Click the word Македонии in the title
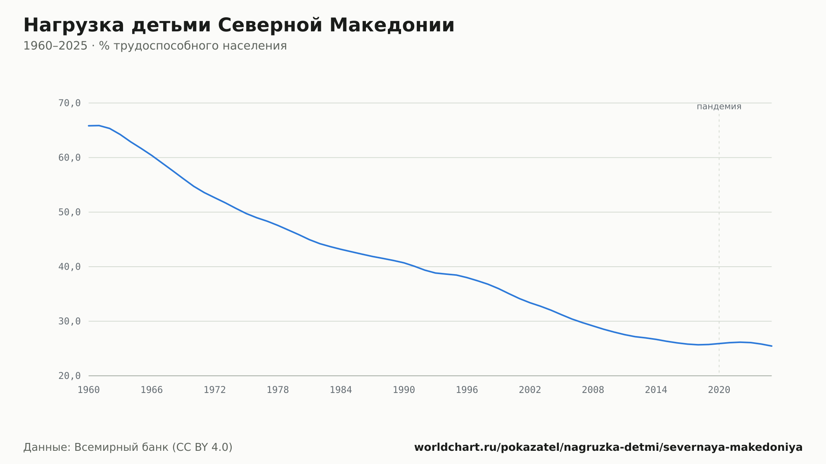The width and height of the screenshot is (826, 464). point(392,25)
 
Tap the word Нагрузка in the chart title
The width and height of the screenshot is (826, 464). point(74,26)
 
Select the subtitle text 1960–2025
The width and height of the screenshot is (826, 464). point(55,46)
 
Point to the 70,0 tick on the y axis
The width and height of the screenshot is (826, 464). point(69,103)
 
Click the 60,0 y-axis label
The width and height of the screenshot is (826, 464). point(69,158)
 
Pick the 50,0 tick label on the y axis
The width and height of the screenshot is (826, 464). point(69,212)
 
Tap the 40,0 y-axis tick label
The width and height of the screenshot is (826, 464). point(69,267)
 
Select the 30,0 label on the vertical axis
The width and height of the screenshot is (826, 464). point(69,321)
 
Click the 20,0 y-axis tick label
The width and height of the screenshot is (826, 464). point(69,376)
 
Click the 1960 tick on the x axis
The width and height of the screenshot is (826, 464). point(89,390)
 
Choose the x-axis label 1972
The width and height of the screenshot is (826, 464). point(215,390)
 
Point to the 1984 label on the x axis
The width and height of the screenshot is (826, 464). point(341,390)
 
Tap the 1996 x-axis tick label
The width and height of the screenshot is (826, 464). point(467,390)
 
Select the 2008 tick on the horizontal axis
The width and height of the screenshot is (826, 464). point(593,390)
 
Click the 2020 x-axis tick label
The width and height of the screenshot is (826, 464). point(719,390)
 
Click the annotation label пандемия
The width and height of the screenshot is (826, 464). point(719,107)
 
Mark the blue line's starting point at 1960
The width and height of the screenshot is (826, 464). point(89,125)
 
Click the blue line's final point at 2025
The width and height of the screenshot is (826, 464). point(771,346)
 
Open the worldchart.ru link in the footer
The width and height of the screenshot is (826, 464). point(608,447)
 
